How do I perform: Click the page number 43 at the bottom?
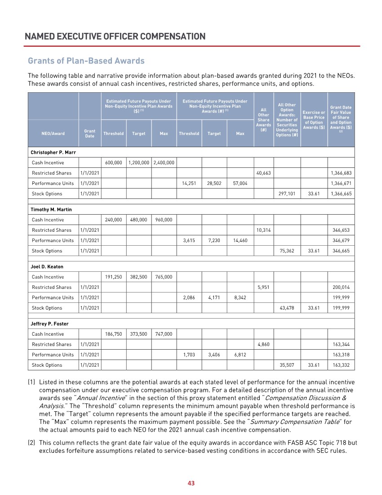pyautogui.click(x=191, y=483)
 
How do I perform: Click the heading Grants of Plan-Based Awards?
pyautogui.click(x=86, y=61)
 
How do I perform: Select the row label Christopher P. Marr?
pyautogui.click(x=53, y=152)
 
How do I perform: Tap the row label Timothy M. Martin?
pyautogui.click(x=51, y=209)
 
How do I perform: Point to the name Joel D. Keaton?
pyautogui.click(x=47, y=266)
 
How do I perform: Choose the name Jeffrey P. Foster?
pyautogui.click(x=49, y=324)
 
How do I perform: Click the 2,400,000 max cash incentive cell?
pyautogui.click(x=164, y=163)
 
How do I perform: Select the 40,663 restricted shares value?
pyautogui.click(x=264, y=173)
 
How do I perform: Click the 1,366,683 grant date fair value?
pyautogui.click(x=340, y=173)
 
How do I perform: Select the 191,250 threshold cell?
pyautogui.click(x=114, y=277)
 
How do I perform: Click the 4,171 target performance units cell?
pyautogui.click(x=214, y=298)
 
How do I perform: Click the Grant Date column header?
pyautogui.click(x=90, y=133)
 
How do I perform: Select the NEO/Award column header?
pyautogui.click(x=53, y=133)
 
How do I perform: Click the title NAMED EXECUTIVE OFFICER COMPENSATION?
pyautogui.click(x=115, y=36)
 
